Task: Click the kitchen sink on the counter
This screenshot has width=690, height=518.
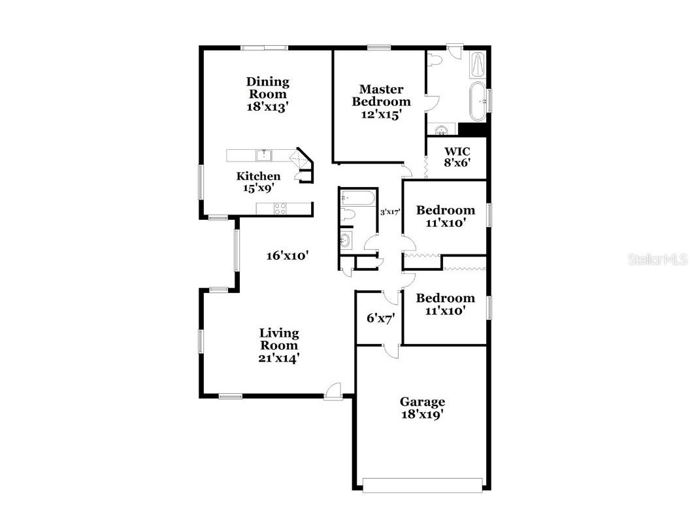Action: pyautogui.click(x=264, y=155)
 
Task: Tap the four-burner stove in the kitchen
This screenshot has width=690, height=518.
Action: pyautogui.click(x=280, y=209)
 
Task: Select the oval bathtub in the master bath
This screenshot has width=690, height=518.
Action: pyautogui.click(x=479, y=101)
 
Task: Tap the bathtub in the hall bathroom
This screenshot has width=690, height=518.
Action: pyautogui.click(x=357, y=198)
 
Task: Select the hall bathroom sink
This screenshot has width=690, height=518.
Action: pyautogui.click(x=346, y=240)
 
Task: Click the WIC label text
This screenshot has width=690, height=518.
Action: pyautogui.click(x=457, y=152)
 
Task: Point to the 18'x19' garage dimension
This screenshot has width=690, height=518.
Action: pyautogui.click(x=423, y=414)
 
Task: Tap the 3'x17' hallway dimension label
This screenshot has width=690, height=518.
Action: pyautogui.click(x=390, y=211)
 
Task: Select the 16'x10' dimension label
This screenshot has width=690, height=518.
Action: pyautogui.click(x=287, y=256)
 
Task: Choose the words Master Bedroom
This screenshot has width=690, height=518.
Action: pyautogui.click(x=382, y=95)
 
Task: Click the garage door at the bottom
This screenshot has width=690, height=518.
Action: pyautogui.click(x=423, y=485)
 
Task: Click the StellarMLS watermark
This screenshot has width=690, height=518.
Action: pyautogui.click(x=658, y=260)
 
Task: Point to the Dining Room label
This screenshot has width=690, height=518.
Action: pyautogui.click(x=268, y=88)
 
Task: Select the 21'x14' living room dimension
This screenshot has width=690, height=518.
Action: pyautogui.click(x=279, y=358)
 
